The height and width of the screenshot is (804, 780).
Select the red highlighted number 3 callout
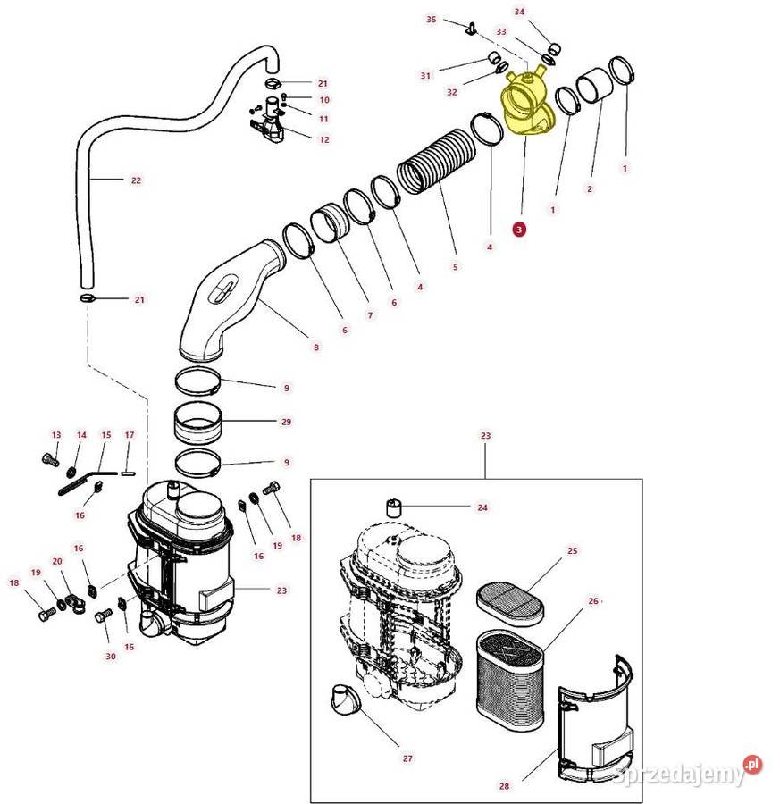519,229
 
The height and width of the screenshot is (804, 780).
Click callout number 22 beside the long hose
136,180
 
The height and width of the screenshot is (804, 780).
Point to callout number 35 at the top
432,19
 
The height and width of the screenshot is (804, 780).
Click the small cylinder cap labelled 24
395,509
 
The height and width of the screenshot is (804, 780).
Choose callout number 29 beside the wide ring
287,421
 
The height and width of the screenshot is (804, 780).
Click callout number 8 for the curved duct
315,347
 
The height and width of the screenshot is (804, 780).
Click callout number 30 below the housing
111,656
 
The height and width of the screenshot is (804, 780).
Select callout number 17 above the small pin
129,435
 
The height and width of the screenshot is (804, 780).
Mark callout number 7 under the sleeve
369,316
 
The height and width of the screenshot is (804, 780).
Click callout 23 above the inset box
485,436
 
